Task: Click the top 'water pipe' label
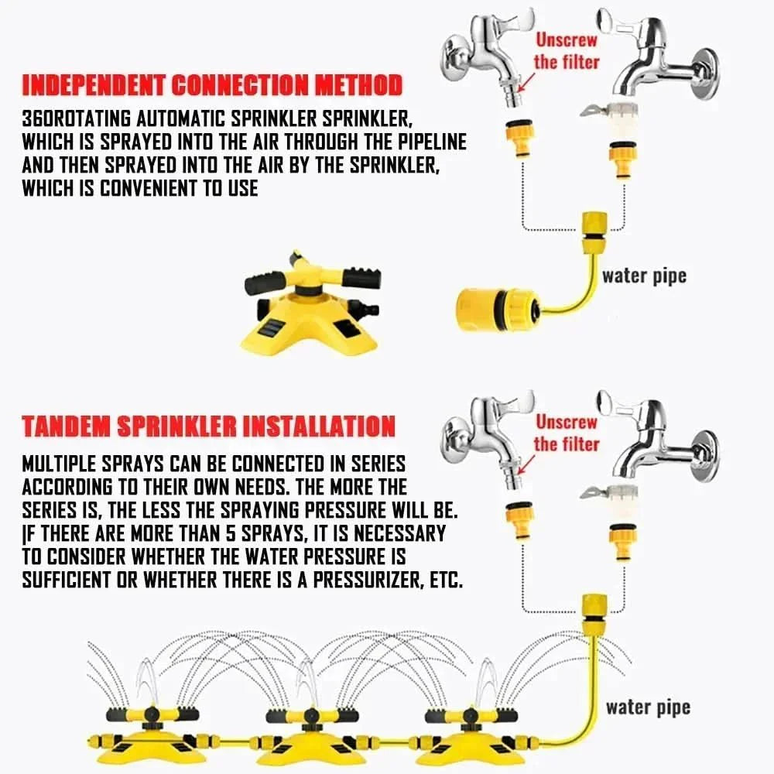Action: click(644, 276)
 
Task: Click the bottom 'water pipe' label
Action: click(648, 707)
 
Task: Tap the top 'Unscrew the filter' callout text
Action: click(566, 50)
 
